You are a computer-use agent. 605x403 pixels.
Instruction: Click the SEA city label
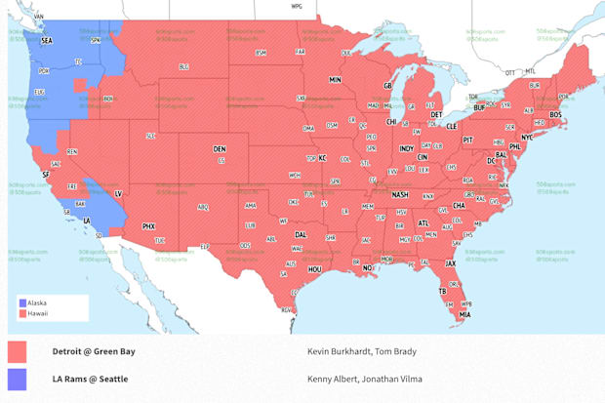click(47, 41)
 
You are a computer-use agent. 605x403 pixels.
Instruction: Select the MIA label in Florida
click(464, 314)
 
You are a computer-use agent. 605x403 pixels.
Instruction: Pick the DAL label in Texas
click(301, 234)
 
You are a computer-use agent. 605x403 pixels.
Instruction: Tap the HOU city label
click(314, 268)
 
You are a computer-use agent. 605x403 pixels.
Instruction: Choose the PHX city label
click(148, 226)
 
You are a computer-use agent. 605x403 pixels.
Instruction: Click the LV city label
click(119, 194)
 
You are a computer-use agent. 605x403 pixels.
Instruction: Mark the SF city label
click(46, 174)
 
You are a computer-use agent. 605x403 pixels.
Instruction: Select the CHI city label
click(391, 122)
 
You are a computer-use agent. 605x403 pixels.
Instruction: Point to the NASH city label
click(400, 194)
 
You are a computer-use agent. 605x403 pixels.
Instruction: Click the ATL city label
click(423, 222)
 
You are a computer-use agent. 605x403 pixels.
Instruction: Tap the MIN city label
click(335, 80)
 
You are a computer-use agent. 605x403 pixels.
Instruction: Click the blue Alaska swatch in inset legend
click(23, 302)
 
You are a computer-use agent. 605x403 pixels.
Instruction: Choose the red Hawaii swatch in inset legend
click(23, 313)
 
